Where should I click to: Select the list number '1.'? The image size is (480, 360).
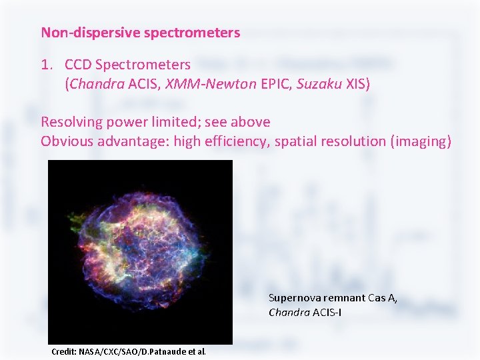click(x=46, y=65)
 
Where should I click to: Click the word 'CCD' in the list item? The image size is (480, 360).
click(x=78, y=65)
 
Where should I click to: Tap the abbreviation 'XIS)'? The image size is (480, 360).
click(x=358, y=84)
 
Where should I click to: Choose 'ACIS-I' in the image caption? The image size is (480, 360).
click(x=327, y=312)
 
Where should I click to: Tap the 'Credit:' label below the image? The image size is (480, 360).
click(x=63, y=351)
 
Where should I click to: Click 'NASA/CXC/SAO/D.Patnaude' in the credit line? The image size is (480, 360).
click(x=133, y=351)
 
